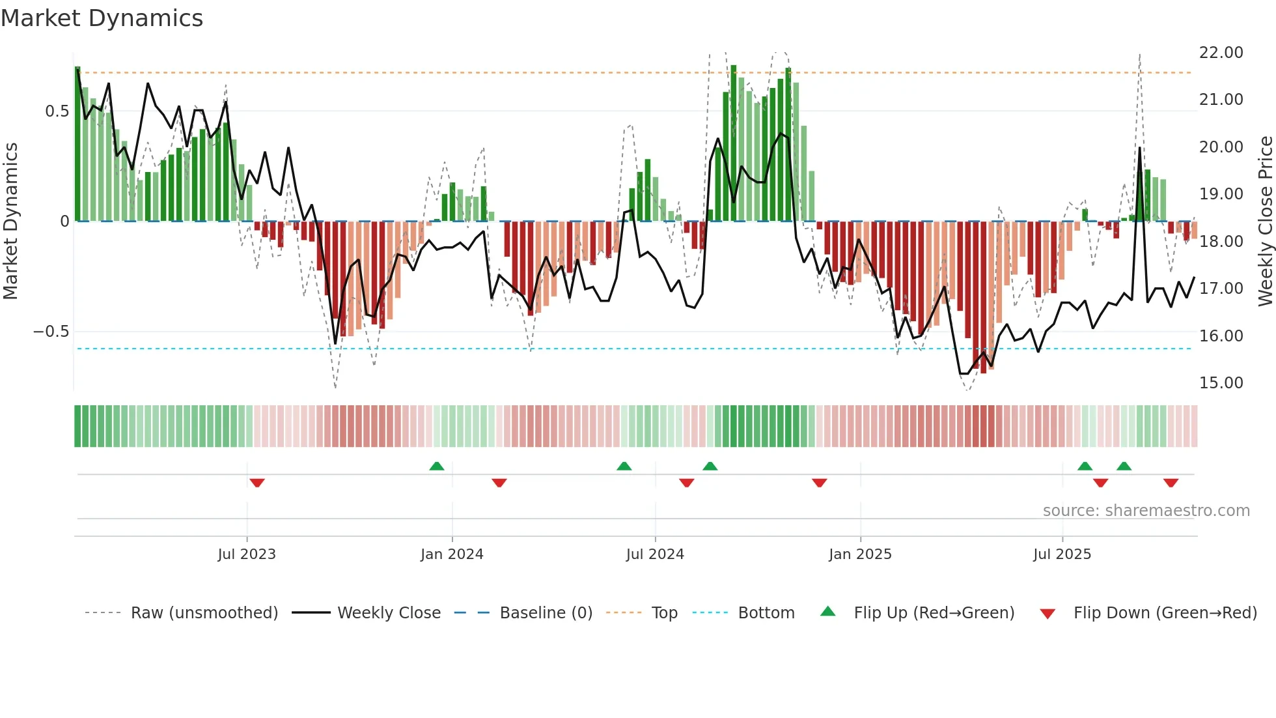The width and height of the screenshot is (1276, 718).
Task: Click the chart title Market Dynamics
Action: [x=102, y=18]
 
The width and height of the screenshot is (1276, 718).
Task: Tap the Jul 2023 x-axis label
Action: [x=247, y=554]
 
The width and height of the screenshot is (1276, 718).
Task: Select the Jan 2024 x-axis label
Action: [x=452, y=554]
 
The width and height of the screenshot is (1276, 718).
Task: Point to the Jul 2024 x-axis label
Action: [x=655, y=554]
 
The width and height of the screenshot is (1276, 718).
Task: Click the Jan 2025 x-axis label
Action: [x=860, y=554]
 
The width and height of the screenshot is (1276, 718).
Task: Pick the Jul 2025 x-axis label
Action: [x=1062, y=554]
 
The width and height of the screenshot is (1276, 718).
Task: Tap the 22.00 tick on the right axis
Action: [x=1221, y=53]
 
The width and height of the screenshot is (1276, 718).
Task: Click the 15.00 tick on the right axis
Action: [x=1221, y=383]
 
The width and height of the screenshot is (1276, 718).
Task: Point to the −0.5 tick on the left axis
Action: [x=51, y=332]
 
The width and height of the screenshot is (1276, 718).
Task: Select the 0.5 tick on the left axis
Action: [x=57, y=111]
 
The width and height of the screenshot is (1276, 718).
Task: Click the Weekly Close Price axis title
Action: [x=1265, y=222]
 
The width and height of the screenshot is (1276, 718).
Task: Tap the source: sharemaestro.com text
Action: [x=1146, y=511]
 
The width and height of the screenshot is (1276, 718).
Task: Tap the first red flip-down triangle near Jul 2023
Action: [x=257, y=483]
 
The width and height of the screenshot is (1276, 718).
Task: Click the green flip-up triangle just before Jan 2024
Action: [x=437, y=466]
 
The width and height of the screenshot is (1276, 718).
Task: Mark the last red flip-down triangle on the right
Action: [x=1171, y=483]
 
